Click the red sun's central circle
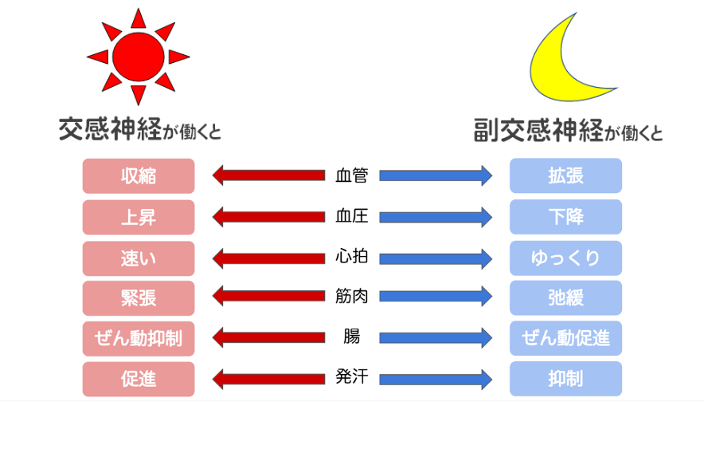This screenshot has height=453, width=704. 138,56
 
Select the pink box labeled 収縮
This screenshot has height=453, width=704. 139,176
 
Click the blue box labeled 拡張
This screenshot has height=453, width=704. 565,176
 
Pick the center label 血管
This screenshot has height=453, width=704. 352,175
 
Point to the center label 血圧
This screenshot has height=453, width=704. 352,216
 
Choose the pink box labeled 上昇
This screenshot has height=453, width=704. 139,217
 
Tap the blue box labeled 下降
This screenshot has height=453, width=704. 565,217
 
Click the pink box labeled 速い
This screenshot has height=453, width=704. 139,258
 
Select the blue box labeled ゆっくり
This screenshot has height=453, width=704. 565,258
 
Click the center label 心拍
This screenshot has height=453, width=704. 352,258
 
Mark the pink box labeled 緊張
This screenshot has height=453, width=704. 139,298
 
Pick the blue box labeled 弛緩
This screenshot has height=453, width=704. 565,298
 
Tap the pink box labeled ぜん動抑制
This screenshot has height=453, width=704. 139,339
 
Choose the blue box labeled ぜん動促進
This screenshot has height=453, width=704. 565,339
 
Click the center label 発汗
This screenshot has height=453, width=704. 352,377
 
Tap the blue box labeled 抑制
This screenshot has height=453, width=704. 565,380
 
